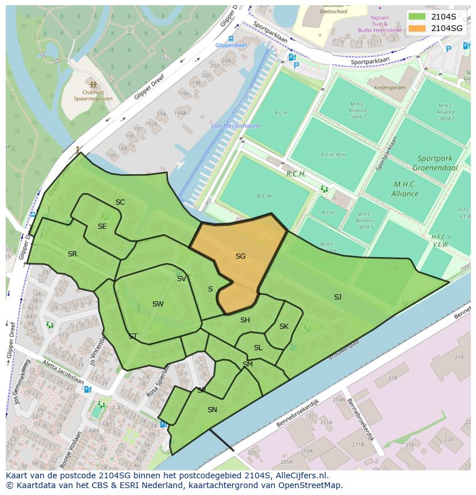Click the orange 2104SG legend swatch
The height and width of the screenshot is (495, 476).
(417, 28)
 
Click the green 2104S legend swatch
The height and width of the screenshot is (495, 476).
(417, 17)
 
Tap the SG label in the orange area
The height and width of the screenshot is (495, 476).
(240, 256)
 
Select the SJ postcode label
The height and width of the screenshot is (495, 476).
(337, 297)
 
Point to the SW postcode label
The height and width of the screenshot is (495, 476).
(158, 304)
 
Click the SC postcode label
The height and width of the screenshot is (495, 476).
(120, 202)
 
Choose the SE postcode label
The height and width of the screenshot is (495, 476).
(102, 227)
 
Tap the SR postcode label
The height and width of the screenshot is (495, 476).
(72, 254)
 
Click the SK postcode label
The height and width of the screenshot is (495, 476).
(284, 327)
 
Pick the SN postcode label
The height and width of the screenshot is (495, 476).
(212, 410)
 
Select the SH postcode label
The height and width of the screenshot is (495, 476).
(245, 320)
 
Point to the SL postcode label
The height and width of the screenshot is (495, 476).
(258, 348)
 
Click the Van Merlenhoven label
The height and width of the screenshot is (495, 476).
(235, 126)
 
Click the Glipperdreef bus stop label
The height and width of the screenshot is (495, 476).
(230, 45)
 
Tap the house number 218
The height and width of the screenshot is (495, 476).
(393, 378)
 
